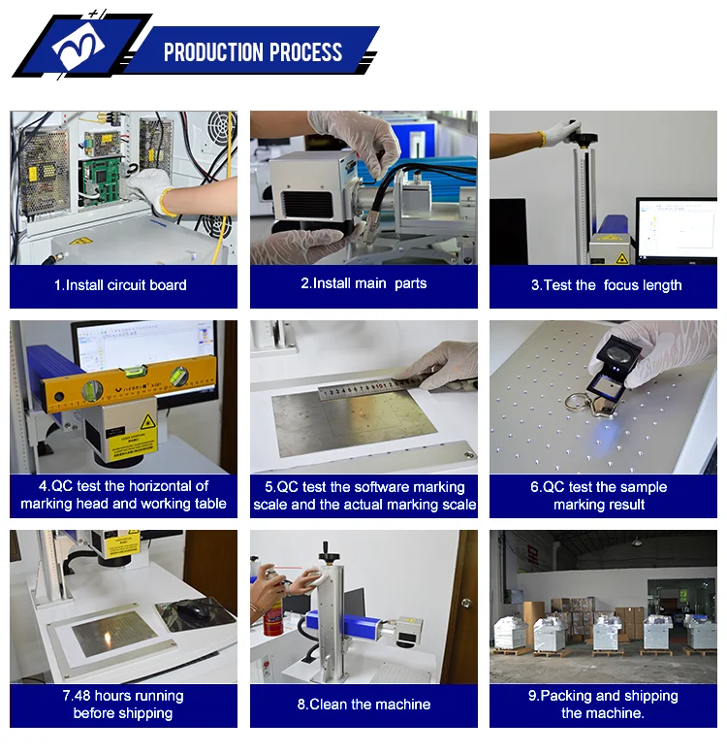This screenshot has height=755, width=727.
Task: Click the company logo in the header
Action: pyautogui.click(x=79, y=48)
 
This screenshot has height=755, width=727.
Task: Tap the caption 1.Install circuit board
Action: pyautogui.click(x=120, y=285)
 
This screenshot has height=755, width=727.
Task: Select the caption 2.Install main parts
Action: pyautogui.click(x=363, y=283)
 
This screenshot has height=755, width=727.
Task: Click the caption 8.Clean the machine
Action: pyautogui.click(x=363, y=705)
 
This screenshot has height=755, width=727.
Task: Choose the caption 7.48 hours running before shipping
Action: pyautogui.click(x=122, y=705)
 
